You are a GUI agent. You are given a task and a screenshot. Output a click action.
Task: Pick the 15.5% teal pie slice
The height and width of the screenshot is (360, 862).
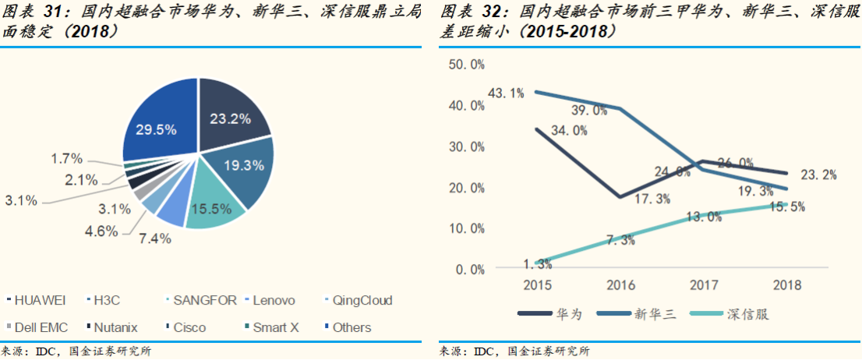(x=213, y=203)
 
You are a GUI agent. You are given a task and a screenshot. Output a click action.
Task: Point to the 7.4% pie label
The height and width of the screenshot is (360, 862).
(x=155, y=239)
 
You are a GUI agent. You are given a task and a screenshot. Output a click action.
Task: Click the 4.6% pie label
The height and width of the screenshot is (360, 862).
(x=101, y=231)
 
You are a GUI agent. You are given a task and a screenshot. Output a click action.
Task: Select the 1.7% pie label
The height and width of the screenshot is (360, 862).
(x=66, y=159)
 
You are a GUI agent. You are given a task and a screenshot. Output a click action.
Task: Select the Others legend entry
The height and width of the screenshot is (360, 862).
(x=352, y=327)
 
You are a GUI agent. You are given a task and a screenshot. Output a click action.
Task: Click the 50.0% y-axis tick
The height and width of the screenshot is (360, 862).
(x=468, y=65)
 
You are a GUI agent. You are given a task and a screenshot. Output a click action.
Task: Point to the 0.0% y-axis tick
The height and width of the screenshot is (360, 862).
(x=471, y=270)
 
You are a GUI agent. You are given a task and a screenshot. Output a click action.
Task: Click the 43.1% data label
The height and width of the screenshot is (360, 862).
(x=506, y=94)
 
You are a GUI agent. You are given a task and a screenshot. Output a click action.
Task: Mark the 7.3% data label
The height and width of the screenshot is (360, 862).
(x=620, y=239)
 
